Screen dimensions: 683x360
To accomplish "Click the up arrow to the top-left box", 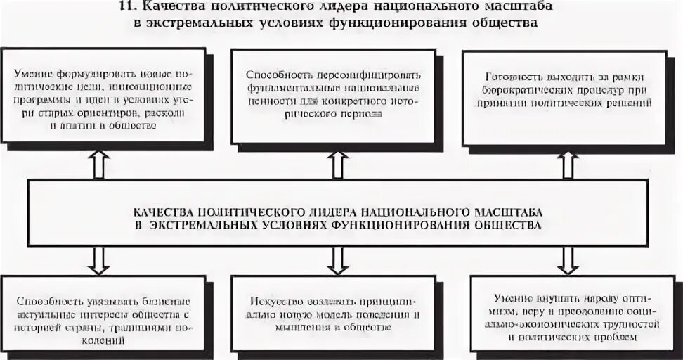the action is (x=97, y=163).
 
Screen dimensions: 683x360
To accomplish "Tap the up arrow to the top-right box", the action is (x=569, y=163).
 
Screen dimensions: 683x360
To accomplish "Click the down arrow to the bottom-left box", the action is (x=97, y=260).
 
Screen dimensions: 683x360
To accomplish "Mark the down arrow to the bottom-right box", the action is (x=566, y=260).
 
